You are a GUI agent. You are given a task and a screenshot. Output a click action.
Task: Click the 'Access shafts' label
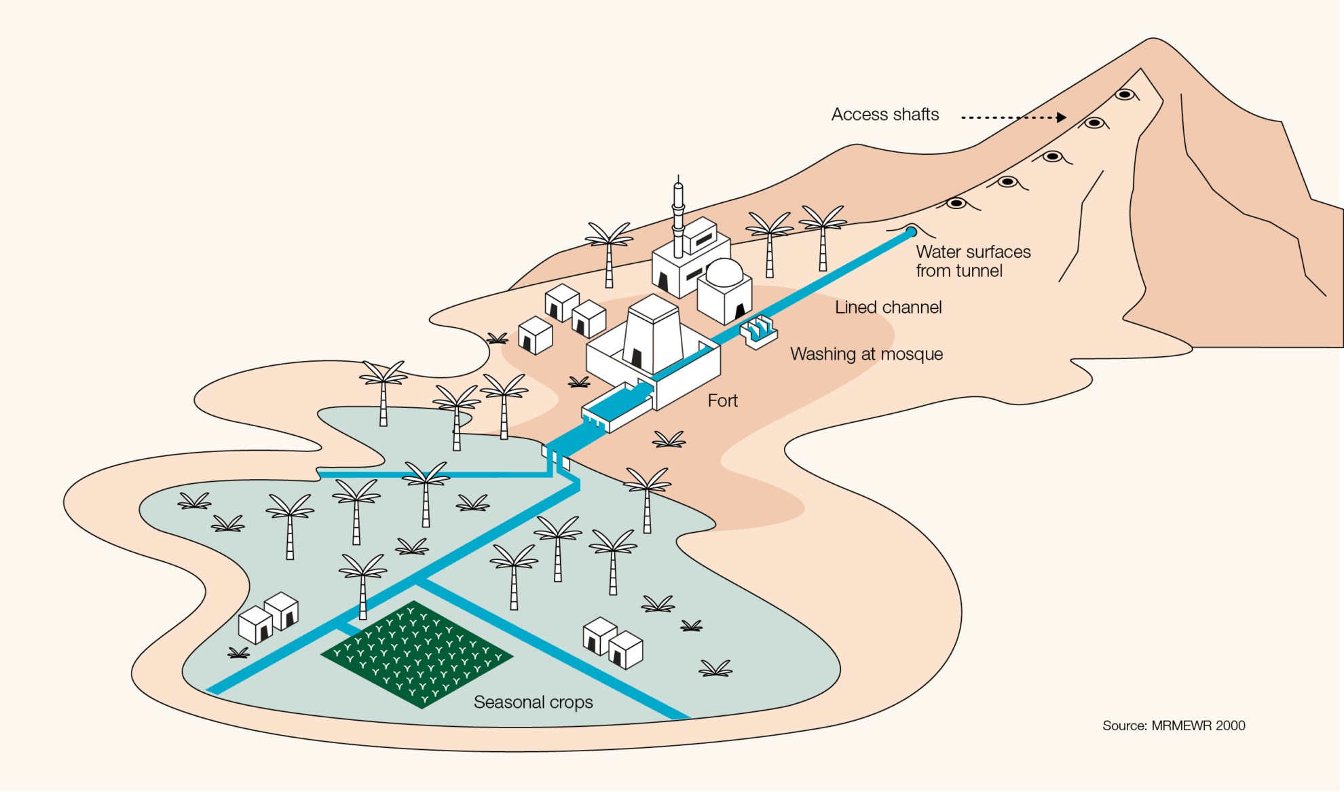pos(885,115)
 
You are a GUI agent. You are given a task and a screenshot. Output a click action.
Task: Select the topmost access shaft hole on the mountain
pos(1125,94)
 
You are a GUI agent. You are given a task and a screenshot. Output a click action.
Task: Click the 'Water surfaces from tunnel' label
pos(973,261)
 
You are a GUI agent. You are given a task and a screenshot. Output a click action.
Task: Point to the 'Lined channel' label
pos(888,307)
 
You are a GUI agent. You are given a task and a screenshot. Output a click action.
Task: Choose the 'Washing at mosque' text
pos(866,354)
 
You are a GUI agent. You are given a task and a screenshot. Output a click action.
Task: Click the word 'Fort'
pos(722,401)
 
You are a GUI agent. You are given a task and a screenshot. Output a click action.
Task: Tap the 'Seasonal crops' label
pos(533,702)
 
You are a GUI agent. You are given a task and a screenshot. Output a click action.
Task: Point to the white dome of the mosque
pos(724,271)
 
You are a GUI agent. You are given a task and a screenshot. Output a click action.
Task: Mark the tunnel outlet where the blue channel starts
pos(912,232)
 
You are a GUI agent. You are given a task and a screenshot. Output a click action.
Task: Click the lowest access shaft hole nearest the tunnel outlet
pos(956,203)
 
